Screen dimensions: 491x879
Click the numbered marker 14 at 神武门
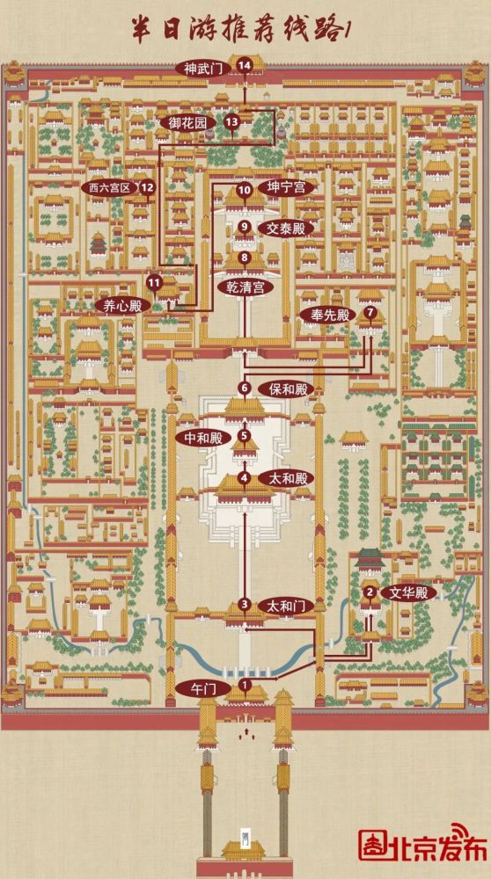244,66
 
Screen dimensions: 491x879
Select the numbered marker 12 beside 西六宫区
148,187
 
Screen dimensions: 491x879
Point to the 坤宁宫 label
286,188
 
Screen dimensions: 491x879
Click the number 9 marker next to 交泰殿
244,227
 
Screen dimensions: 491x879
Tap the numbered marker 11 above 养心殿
155,283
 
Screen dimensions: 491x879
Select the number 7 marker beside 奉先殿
370,312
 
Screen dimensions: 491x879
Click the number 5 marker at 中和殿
244,434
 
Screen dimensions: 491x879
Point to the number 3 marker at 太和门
244,605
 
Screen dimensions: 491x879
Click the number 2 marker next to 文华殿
370,592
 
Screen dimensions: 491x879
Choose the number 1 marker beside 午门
244,685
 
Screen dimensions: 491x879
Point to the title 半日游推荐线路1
238,29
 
